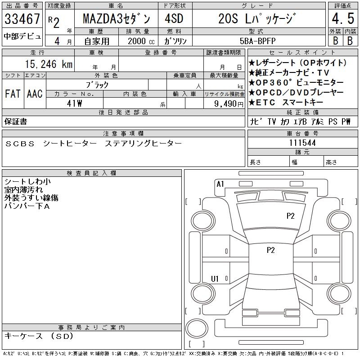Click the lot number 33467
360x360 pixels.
(x=22, y=18)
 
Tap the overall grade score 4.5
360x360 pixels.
(x=343, y=18)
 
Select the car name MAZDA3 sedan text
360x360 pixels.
(x=117, y=18)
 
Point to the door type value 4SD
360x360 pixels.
(x=174, y=18)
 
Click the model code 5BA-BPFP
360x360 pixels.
(x=257, y=41)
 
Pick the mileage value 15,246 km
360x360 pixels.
(x=49, y=64)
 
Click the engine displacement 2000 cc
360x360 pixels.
(x=141, y=41)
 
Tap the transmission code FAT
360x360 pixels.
(x=13, y=94)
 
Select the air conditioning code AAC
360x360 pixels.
(x=35, y=94)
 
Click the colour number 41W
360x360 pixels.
(x=74, y=103)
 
